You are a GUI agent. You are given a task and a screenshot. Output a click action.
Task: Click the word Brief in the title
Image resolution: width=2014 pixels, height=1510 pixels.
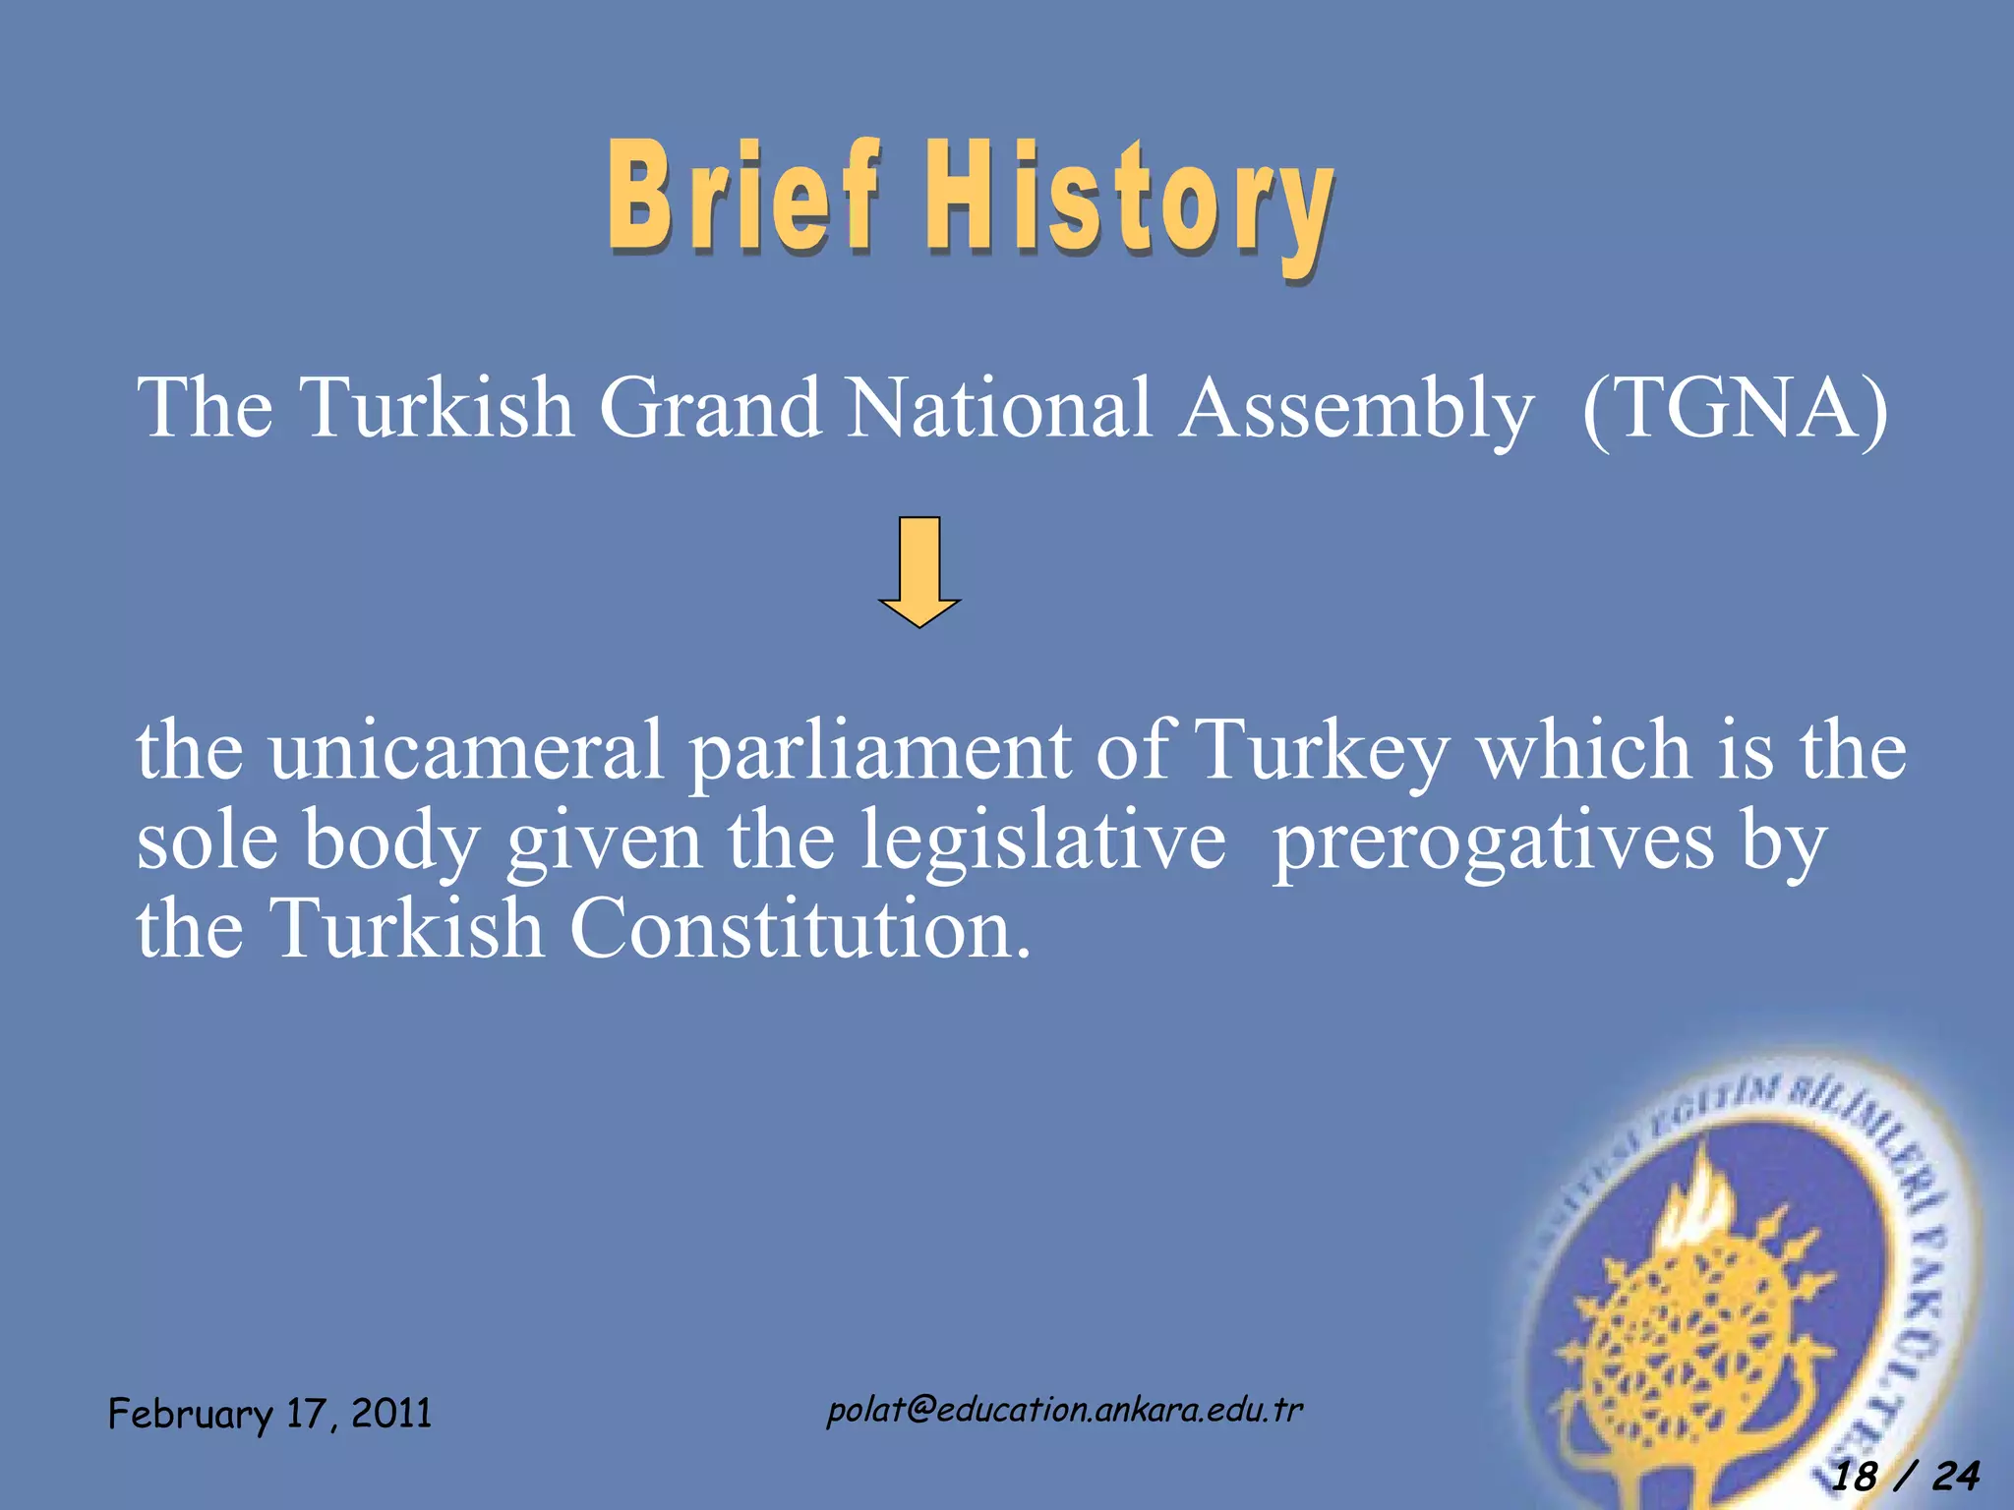[x=742, y=197]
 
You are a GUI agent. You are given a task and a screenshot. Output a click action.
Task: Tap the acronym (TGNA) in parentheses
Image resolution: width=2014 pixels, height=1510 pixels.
[x=1736, y=408]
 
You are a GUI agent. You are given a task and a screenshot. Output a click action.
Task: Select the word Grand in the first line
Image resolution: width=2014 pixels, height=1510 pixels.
[x=710, y=408]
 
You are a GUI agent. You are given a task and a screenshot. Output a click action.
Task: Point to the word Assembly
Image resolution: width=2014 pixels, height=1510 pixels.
[x=1357, y=411]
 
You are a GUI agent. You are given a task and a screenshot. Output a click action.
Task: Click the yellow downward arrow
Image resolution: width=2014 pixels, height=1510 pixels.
[x=919, y=570]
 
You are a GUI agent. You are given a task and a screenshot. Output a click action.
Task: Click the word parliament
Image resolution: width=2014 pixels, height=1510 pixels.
[x=880, y=755]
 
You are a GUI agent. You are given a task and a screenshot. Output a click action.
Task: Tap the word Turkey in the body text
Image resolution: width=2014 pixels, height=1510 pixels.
[x=1323, y=755]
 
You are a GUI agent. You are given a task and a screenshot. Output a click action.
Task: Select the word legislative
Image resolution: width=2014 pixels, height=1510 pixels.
[x=1042, y=842]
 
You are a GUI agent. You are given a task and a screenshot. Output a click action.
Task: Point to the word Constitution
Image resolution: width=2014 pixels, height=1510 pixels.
[x=801, y=929]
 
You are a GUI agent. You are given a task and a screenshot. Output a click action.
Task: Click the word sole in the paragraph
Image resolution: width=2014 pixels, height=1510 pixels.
[x=207, y=842]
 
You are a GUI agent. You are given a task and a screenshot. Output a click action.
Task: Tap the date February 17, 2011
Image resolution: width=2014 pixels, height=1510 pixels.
[x=270, y=1414]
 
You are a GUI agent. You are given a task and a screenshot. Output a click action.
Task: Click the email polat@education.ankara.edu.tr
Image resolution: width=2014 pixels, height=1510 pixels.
[x=1064, y=1411]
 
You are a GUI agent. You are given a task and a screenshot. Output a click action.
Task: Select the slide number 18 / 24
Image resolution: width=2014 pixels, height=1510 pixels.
[x=1906, y=1476]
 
